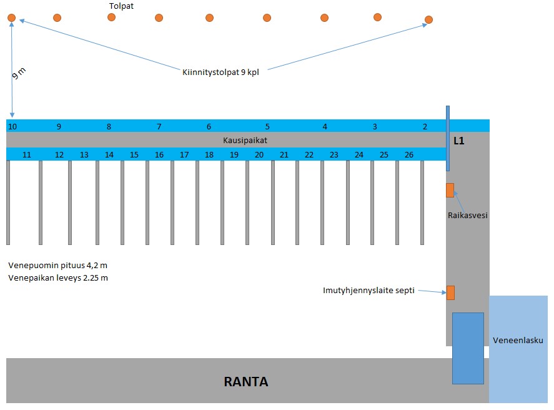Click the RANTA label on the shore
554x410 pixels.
click(x=246, y=382)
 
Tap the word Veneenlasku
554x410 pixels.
click(x=518, y=341)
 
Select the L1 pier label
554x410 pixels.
click(x=458, y=141)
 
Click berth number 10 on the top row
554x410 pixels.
click(x=12, y=126)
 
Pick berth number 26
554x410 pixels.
click(x=409, y=155)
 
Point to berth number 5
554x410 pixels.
click(x=267, y=126)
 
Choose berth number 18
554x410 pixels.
click(x=209, y=155)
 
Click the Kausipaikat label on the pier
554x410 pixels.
click(x=245, y=141)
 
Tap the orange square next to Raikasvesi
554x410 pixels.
click(x=450, y=190)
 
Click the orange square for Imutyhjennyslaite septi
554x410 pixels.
click(x=450, y=292)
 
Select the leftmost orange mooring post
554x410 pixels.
click(x=12, y=17)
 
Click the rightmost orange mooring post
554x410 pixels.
click(x=428, y=19)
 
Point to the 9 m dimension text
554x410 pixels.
click(x=19, y=73)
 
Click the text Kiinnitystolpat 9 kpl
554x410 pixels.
click(x=220, y=72)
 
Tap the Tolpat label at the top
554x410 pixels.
click(x=121, y=6)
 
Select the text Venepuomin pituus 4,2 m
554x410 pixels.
click(x=57, y=266)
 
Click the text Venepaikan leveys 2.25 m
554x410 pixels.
click(x=58, y=277)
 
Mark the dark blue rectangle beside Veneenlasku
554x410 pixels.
click(x=468, y=348)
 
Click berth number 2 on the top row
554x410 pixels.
click(x=425, y=126)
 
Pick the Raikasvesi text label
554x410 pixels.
click(x=467, y=215)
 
